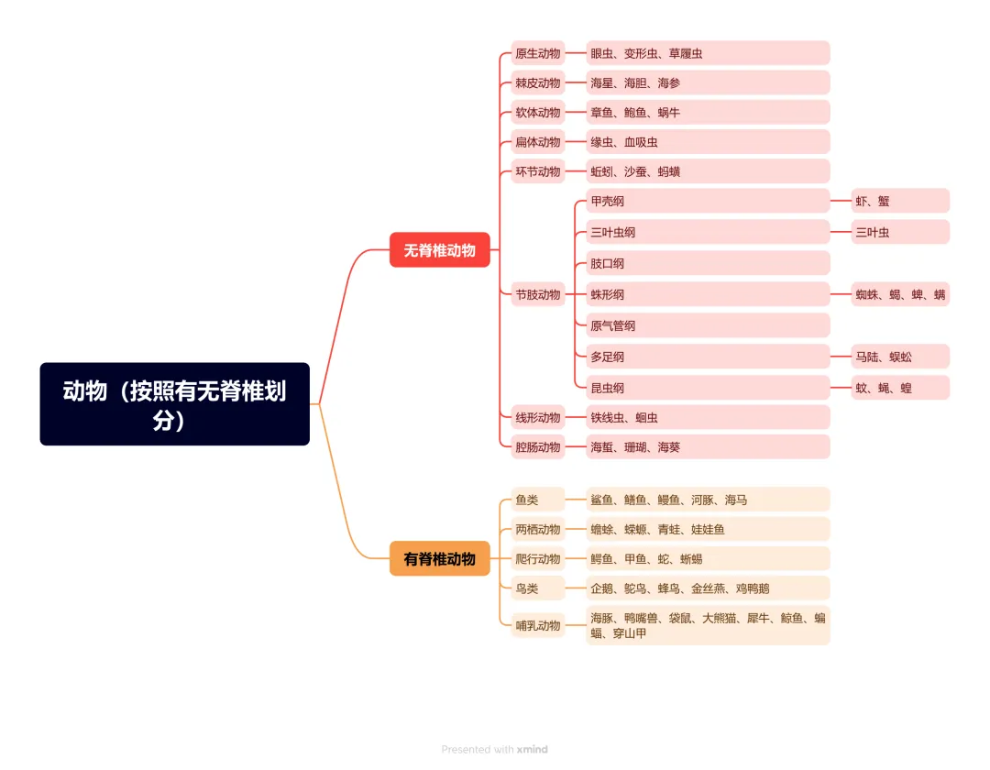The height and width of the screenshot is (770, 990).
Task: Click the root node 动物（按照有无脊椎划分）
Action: [x=174, y=404]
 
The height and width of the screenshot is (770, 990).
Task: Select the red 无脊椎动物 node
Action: [x=440, y=250]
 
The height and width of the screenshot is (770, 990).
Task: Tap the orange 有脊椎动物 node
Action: [x=440, y=558]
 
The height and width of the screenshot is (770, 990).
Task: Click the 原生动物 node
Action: [x=538, y=53]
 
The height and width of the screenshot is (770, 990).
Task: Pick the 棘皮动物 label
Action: [x=538, y=82]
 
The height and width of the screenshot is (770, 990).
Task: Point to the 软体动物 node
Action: [x=538, y=113]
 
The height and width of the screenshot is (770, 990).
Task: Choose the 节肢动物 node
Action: [x=538, y=294]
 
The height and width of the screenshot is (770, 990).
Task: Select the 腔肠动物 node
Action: [x=538, y=447]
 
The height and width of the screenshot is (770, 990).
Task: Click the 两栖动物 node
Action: [x=538, y=529]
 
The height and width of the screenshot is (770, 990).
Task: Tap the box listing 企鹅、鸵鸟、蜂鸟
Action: [x=707, y=588]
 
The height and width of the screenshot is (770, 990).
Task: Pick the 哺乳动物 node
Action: [x=538, y=625]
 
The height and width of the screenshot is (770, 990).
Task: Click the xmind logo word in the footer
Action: [x=532, y=749]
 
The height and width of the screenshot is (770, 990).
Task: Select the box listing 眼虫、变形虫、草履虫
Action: [x=707, y=53]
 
